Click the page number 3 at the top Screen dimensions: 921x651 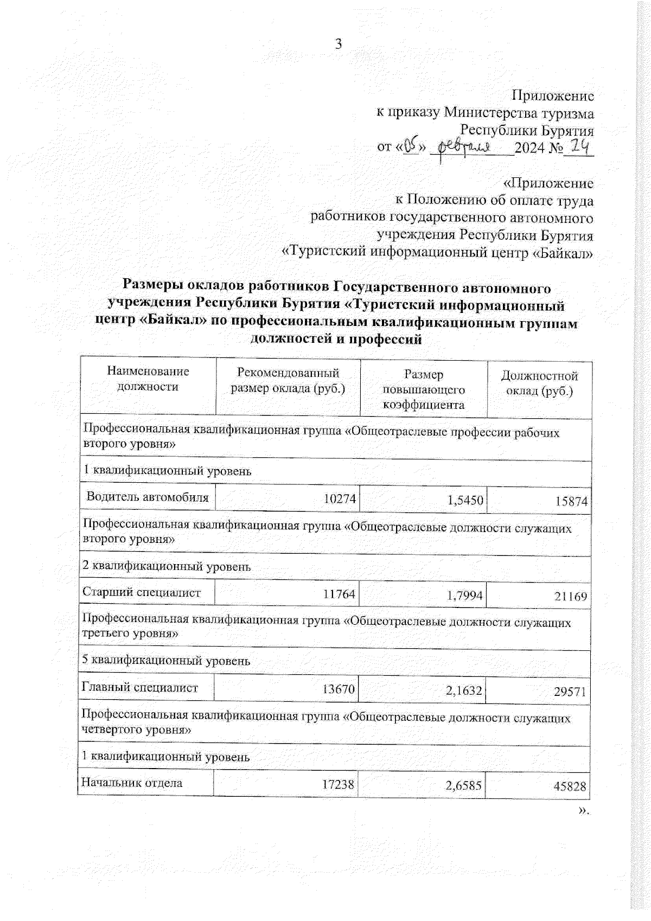(x=339, y=44)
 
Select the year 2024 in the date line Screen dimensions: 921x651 (x=531, y=148)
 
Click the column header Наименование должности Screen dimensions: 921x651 (x=148, y=379)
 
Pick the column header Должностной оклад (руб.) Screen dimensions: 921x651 (x=539, y=383)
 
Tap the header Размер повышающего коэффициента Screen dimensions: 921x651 (x=424, y=389)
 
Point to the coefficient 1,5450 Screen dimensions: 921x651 (x=465, y=500)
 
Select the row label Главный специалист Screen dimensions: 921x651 (x=139, y=688)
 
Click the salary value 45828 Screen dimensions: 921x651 (x=570, y=786)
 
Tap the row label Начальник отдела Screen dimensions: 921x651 (x=131, y=782)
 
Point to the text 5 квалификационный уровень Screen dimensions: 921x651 (x=166, y=661)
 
